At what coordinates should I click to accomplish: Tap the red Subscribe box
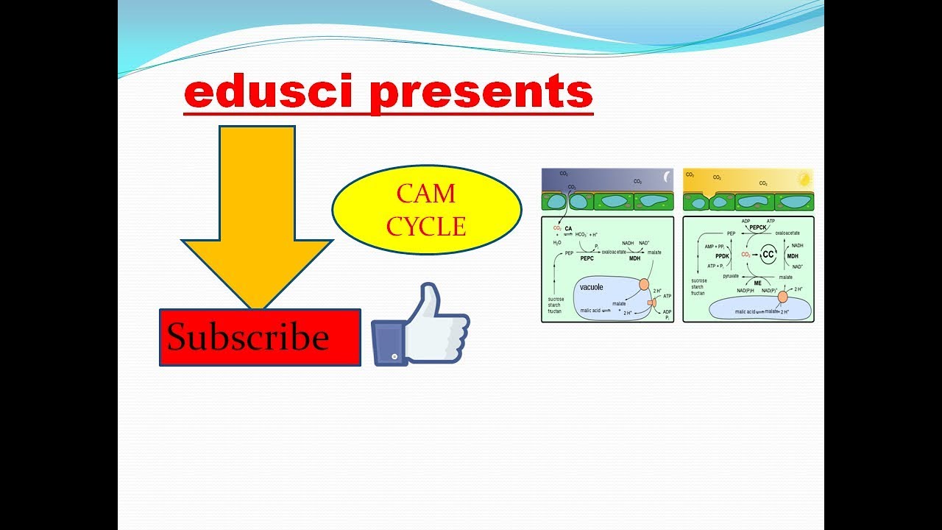click(x=260, y=337)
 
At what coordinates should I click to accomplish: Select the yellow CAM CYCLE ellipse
click(x=426, y=210)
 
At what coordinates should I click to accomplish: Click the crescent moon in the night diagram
click(x=667, y=177)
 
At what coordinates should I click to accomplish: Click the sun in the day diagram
click(x=804, y=178)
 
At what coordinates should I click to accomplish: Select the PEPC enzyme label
click(x=587, y=259)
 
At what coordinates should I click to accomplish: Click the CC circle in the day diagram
click(x=768, y=253)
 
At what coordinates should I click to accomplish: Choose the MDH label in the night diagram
click(x=634, y=259)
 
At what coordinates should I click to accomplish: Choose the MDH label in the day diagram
click(x=793, y=256)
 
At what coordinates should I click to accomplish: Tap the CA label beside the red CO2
click(x=568, y=229)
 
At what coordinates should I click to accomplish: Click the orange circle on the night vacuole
click(x=643, y=284)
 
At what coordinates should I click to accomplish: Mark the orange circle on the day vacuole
click(x=783, y=296)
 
